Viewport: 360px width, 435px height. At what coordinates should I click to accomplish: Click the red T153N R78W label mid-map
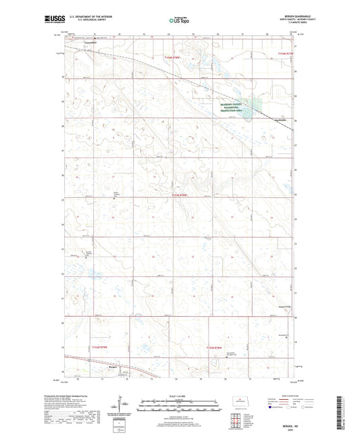(180, 196)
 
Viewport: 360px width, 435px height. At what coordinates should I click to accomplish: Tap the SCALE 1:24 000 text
(180, 396)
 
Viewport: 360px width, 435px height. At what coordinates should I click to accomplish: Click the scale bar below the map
(180, 407)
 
